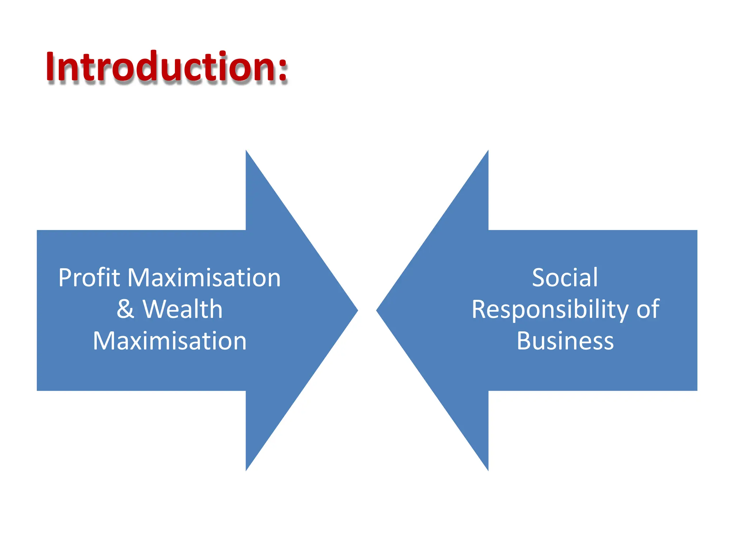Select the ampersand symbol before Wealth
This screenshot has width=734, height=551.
click(x=125, y=309)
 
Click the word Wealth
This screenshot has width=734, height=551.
click(x=182, y=309)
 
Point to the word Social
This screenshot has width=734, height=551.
click(x=565, y=278)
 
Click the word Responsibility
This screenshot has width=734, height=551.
click(x=550, y=309)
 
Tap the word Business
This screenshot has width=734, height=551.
click(x=565, y=341)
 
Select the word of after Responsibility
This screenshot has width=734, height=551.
click(x=648, y=309)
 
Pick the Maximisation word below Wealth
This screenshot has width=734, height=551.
click(x=170, y=341)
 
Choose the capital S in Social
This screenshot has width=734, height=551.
click(x=538, y=278)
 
